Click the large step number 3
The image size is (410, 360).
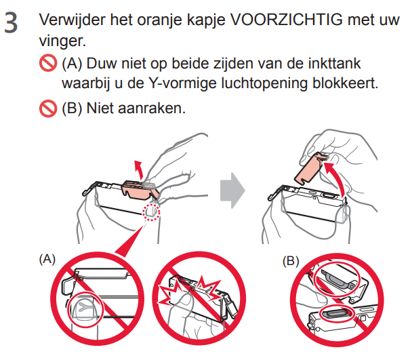(11, 23)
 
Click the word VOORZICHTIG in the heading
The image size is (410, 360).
(286, 20)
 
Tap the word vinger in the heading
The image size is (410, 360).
(61, 41)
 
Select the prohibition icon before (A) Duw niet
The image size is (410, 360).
(48, 63)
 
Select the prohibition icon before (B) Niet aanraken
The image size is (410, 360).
(48, 108)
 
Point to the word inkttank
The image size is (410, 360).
(334, 63)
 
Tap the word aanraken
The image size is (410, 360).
(151, 108)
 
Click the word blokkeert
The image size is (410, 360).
(343, 83)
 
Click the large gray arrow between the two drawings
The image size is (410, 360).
(232, 191)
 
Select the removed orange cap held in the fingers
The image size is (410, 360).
(310, 168)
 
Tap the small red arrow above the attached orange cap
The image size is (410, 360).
(138, 169)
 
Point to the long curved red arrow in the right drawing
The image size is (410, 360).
(338, 178)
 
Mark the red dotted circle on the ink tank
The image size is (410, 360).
(151, 212)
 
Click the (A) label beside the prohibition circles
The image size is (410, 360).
(47, 259)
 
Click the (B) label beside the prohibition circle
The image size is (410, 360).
(291, 261)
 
